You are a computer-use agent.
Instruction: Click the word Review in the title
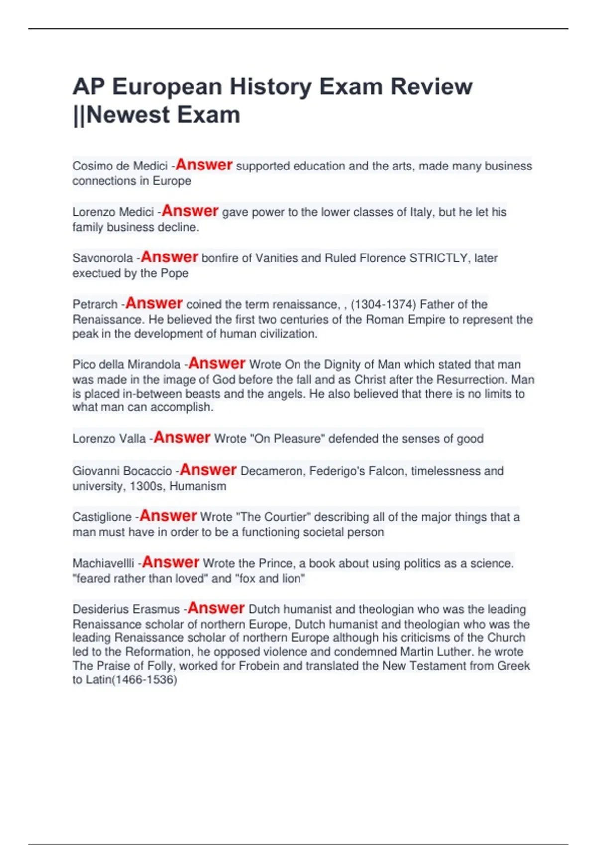tap(431, 86)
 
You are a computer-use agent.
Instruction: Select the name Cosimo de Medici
tap(119, 166)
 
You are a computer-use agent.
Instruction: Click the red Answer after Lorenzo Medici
tap(190, 211)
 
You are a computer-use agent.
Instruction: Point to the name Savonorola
tap(102, 258)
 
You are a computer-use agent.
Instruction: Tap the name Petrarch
tap(95, 304)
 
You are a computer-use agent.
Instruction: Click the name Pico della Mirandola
tap(126, 365)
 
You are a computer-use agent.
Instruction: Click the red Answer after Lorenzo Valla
tap(182, 438)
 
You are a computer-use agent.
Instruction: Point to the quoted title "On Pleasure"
tap(287, 439)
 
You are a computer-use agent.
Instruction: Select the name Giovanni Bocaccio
tap(122, 471)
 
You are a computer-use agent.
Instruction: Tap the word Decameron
tap(272, 471)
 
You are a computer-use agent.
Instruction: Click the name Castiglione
tap(102, 517)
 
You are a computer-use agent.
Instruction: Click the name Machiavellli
tap(103, 564)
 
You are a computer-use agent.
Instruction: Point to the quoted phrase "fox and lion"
tap(270, 579)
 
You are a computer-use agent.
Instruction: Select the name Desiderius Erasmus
tap(126, 610)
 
